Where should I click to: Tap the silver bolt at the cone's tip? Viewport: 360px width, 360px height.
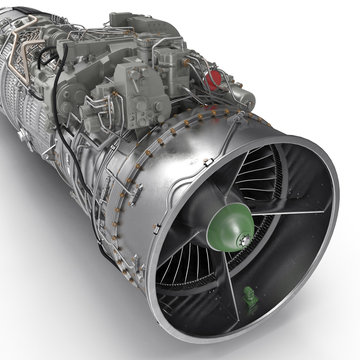click(246, 243)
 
